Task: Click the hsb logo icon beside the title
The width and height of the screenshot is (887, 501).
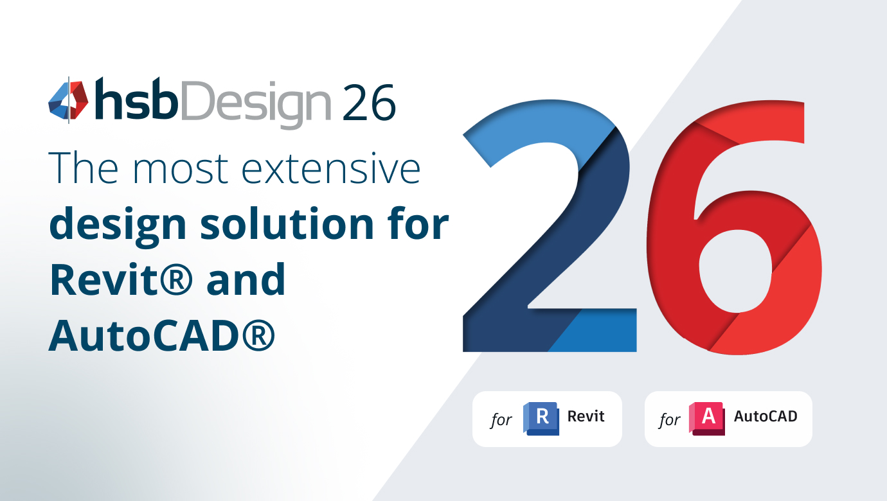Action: coord(68,100)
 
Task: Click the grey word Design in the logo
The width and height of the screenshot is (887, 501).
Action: coord(256,103)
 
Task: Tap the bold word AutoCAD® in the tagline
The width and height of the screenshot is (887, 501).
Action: coord(162,335)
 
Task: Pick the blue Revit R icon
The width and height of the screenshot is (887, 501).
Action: coord(541,418)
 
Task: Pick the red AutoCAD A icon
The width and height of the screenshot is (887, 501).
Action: coord(707,418)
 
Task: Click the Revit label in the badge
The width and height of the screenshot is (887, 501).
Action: coord(586,416)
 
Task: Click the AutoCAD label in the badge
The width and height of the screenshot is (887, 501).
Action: coord(766,416)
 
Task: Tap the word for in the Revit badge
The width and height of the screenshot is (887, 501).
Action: coord(501,420)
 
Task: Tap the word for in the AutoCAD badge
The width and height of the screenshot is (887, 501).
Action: coord(669,420)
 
